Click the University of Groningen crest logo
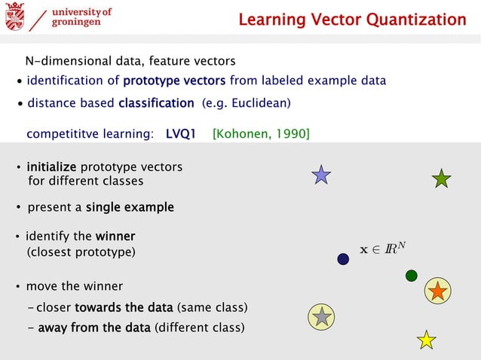pos(15,17)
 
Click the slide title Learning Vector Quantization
pos(352,20)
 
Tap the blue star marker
pos(321,175)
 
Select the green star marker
pos(441,178)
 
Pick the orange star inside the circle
pos(437,291)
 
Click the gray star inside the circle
pos(322,316)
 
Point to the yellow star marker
pos(427,340)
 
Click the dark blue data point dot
pos(343,259)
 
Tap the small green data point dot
pos(411,276)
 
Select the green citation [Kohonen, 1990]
pos(261,135)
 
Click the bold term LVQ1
pos(181,135)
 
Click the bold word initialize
pos(52,166)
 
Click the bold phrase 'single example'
pos(130,207)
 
